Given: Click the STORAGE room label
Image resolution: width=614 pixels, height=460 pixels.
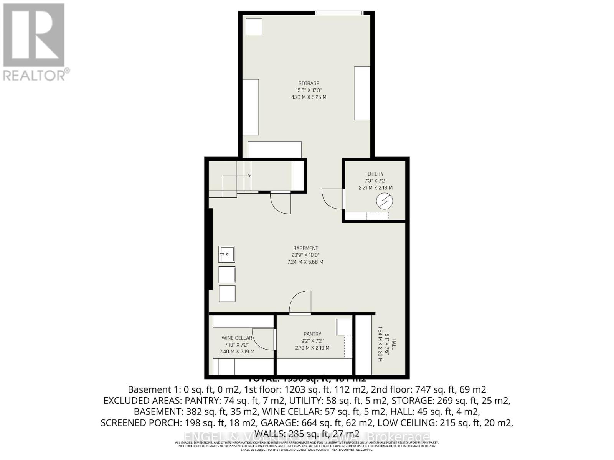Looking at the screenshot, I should point(309,83).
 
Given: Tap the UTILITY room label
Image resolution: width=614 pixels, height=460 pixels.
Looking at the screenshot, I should point(375,174).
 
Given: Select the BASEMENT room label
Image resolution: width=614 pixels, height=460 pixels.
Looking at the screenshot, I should point(305,248).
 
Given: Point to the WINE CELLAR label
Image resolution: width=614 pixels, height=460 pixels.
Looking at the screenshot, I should point(237,338).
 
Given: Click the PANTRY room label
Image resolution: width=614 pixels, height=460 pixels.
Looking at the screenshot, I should point(312,334).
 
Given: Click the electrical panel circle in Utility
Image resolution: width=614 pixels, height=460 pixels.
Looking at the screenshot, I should point(384,201).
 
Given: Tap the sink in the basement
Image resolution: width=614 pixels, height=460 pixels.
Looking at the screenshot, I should point(226,254).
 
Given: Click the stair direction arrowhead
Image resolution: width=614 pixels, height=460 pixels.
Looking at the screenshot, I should point(249,176).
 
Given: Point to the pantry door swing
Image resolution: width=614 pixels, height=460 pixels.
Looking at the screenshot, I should point(300,303).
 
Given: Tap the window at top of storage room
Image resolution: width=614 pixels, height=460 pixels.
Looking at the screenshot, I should point(339,13).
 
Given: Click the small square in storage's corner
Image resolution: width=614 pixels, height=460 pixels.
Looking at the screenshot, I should point(254,27).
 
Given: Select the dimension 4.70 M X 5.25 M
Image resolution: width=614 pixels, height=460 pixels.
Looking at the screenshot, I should point(309,97).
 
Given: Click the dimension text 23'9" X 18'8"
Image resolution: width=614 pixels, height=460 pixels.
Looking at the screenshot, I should point(305,255).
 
